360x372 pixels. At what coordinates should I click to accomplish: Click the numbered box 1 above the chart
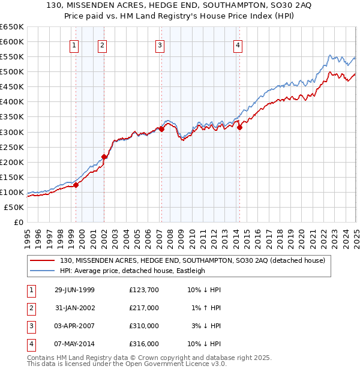pyautogui.click(x=74, y=45)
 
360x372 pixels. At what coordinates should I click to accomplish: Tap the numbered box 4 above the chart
pyautogui.click(x=238, y=45)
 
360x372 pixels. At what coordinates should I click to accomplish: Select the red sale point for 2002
pyautogui.click(x=104, y=157)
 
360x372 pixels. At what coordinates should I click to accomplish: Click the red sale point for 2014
pyautogui.click(x=239, y=127)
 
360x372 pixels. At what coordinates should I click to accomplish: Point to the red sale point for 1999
pyautogui.click(x=76, y=185)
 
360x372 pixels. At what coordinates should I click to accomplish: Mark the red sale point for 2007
pyautogui.click(x=161, y=129)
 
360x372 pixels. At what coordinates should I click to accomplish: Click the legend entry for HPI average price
pyautogui.click(x=132, y=271)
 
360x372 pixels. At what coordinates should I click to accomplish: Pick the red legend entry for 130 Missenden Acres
pyautogui.click(x=192, y=260)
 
